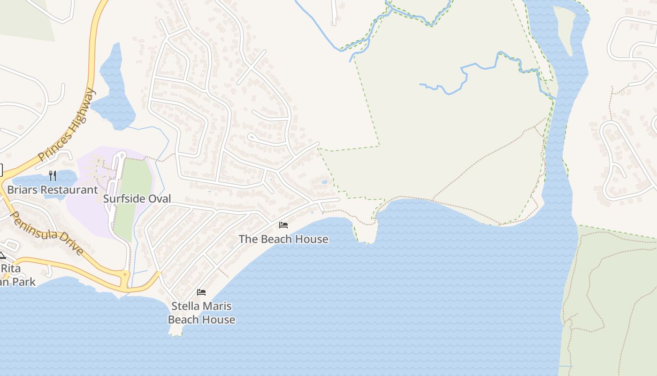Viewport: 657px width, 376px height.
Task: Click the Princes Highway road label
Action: (x=67, y=125)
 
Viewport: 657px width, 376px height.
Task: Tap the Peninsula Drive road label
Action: (x=46, y=233)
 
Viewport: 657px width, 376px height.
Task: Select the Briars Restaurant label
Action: (x=53, y=190)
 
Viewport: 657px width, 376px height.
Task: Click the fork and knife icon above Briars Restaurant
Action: (x=53, y=176)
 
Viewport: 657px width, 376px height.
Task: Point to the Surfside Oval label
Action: (x=137, y=198)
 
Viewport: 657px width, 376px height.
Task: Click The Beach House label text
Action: (x=283, y=239)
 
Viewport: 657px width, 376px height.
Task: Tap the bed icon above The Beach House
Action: (x=283, y=225)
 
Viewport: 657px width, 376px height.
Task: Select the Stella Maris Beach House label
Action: (x=201, y=313)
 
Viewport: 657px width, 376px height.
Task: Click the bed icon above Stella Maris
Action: (x=201, y=292)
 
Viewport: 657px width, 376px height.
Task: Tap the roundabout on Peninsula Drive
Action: (x=125, y=274)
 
